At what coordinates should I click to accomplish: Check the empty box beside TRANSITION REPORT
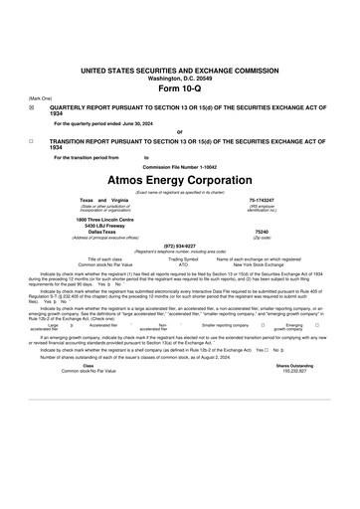coord(31,141)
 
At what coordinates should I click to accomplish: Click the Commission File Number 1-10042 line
coord(180,165)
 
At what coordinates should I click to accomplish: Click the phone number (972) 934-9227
coord(179,245)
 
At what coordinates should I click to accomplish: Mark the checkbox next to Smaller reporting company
coord(261,324)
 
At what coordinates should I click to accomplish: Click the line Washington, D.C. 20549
coord(180,79)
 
